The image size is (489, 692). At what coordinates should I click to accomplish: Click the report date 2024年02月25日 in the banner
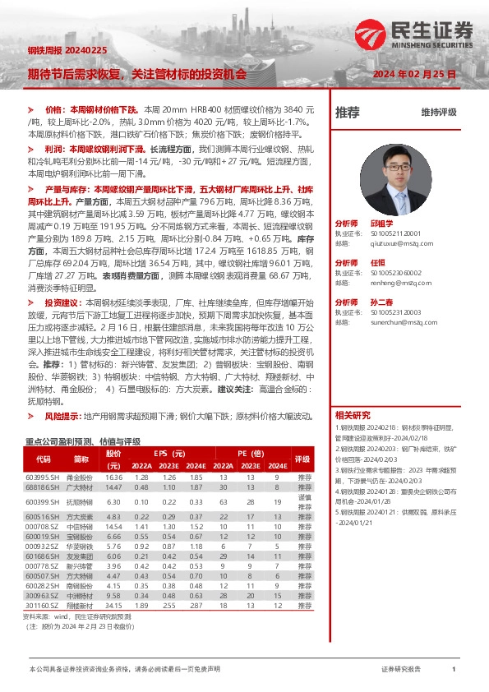pyautogui.click(x=414, y=73)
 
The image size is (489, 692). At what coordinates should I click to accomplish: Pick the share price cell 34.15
pyautogui.click(x=114, y=604)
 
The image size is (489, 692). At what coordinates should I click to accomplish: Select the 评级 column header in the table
pyautogui.click(x=302, y=459)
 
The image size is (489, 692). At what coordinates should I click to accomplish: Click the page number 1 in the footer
pyautogui.click(x=453, y=670)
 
